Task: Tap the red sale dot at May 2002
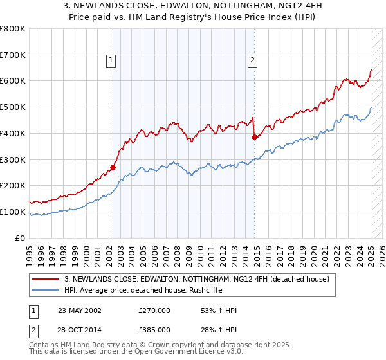click(x=113, y=167)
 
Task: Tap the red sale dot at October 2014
click(x=254, y=137)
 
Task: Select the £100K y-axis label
click(x=13, y=212)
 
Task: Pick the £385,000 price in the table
click(x=154, y=330)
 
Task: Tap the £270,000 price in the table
click(x=154, y=310)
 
